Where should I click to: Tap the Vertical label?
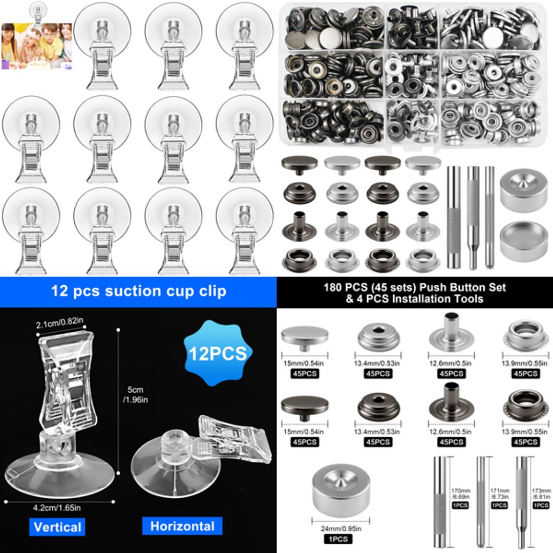click(57, 527)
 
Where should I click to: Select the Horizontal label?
click(182, 526)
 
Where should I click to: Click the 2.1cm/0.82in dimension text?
click(59, 325)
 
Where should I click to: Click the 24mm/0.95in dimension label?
click(341, 529)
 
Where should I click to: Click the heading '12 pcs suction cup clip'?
click(138, 291)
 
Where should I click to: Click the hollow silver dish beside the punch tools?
click(523, 240)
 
